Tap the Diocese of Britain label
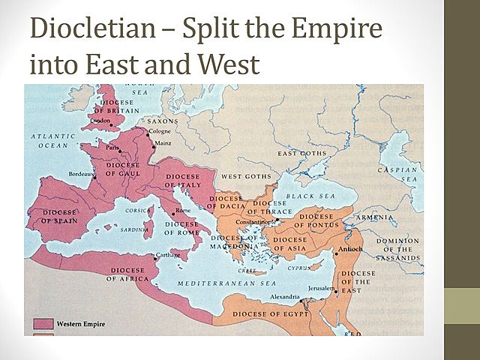[x=114, y=106]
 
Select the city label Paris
[x=112, y=148]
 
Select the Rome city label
[x=183, y=211]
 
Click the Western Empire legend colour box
[x=43, y=324]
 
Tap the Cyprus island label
[x=298, y=266]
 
